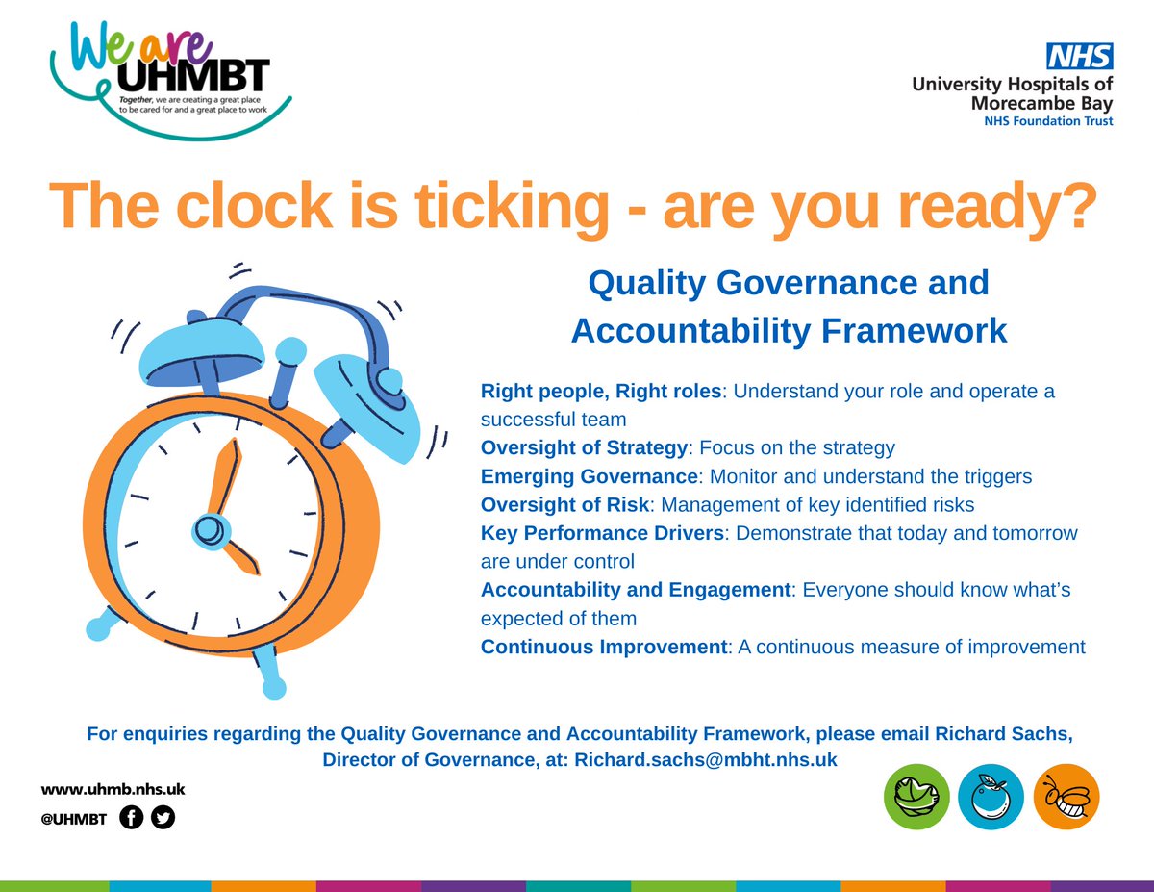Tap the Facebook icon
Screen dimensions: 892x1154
coord(133,818)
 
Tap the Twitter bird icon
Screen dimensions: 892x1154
coord(163,818)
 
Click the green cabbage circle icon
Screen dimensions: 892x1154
coord(916,797)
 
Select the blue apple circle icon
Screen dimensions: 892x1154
coord(991,797)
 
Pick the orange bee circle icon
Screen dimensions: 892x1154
coord(1066,797)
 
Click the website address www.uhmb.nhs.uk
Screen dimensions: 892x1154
coord(113,789)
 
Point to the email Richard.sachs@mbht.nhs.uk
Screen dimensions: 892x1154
coord(706,759)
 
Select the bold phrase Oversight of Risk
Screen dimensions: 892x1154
coord(565,504)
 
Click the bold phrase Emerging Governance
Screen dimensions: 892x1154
coord(589,476)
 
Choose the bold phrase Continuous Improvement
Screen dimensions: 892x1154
coord(603,647)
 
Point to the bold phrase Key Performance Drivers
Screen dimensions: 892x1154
coord(601,533)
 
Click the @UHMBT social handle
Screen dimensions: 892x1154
coord(73,819)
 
